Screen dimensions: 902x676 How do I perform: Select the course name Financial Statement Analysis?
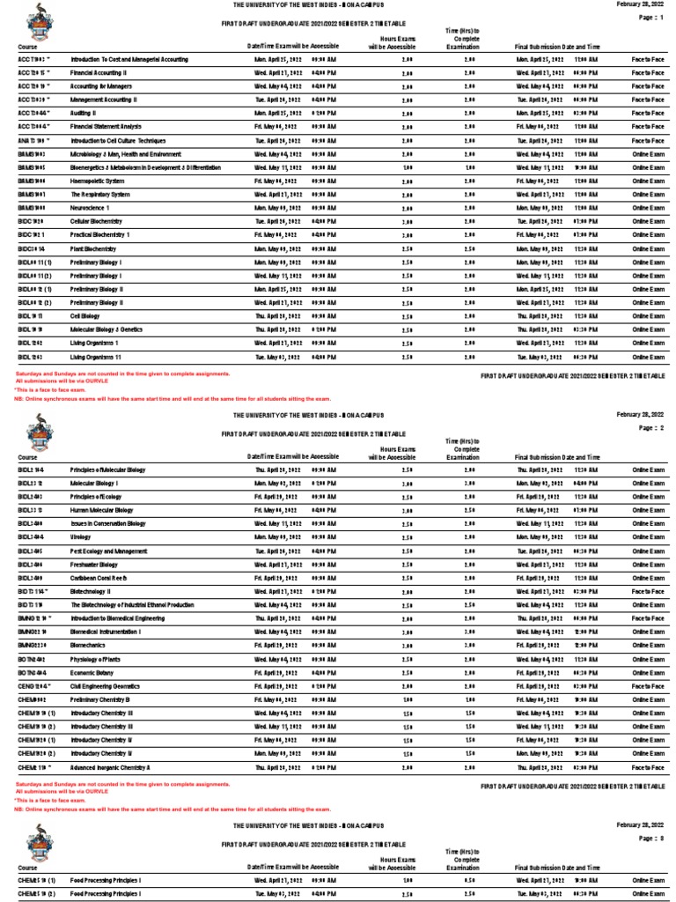pyautogui.click(x=106, y=127)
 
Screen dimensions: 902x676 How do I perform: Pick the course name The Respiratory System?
pyautogui.click(x=100, y=195)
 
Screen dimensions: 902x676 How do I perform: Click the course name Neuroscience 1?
pyautogui.click(x=91, y=208)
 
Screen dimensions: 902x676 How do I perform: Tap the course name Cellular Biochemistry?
pyautogui.click(x=97, y=222)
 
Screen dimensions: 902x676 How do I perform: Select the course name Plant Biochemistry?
pyautogui.click(x=93, y=249)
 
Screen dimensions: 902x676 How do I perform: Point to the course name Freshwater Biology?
pyautogui.click(x=94, y=565)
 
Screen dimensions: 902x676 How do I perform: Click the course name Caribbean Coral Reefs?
pyautogui.click(x=99, y=578)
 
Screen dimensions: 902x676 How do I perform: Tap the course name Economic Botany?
pyautogui.click(x=92, y=673)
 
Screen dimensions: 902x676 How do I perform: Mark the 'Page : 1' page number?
pyautogui.click(x=650, y=18)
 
